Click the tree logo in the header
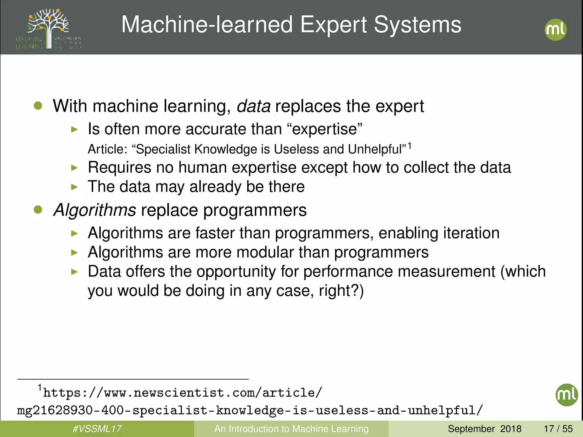[48, 28]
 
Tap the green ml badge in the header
[555, 30]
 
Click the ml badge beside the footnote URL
[566, 395]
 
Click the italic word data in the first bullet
[254, 106]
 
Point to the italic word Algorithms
[95, 210]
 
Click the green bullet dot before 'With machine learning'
[38, 106]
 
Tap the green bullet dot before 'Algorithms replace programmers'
[38, 210]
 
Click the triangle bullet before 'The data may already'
[74, 187]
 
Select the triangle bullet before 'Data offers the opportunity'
[74, 272]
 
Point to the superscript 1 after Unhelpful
[409, 146]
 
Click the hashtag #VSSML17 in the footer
[97, 429]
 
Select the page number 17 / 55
[558, 429]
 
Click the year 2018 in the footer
[511, 429]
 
